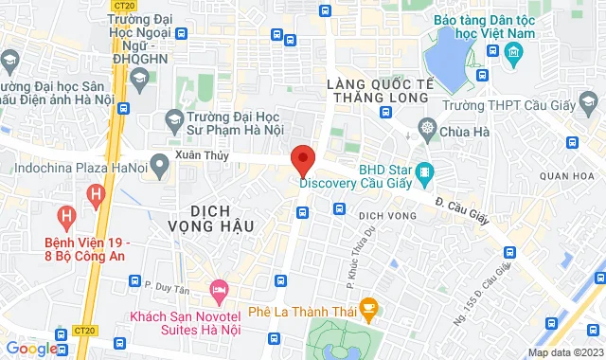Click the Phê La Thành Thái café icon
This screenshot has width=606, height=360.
370,307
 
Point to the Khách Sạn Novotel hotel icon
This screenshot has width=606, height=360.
220,286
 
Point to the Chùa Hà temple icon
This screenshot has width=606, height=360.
428,129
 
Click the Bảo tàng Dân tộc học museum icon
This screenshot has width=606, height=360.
515,50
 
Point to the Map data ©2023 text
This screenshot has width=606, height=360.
564,352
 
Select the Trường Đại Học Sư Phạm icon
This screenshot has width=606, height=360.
173,118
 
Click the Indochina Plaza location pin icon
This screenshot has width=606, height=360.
158,168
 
